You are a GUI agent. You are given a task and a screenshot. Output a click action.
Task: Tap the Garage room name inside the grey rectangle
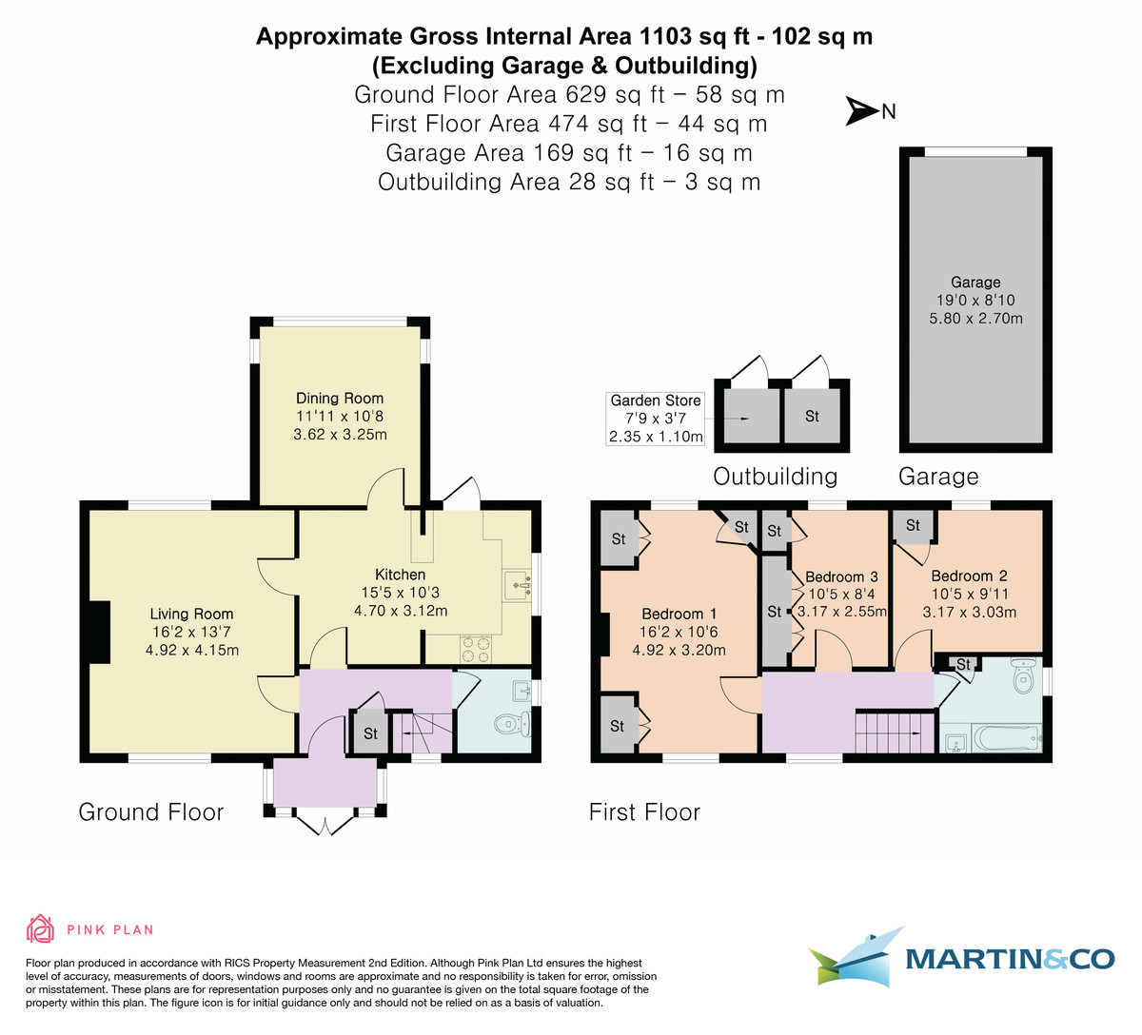[x=975, y=283]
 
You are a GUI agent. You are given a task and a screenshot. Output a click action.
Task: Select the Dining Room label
[x=340, y=399]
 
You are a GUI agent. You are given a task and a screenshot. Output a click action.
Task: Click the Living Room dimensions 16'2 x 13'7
[x=191, y=632]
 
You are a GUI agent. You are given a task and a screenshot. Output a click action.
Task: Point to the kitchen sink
[x=517, y=581]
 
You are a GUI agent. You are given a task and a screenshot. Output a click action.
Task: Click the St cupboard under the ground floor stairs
[x=370, y=733]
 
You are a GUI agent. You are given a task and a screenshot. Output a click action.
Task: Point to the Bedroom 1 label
[x=679, y=614]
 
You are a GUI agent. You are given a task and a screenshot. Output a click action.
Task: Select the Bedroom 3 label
[x=841, y=577]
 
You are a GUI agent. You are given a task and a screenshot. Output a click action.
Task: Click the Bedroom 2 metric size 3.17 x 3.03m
[x=969, y=612]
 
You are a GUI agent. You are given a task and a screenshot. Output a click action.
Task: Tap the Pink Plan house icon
[x=40, y=928]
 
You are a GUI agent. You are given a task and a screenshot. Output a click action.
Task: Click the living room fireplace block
[x=98, y=631]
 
